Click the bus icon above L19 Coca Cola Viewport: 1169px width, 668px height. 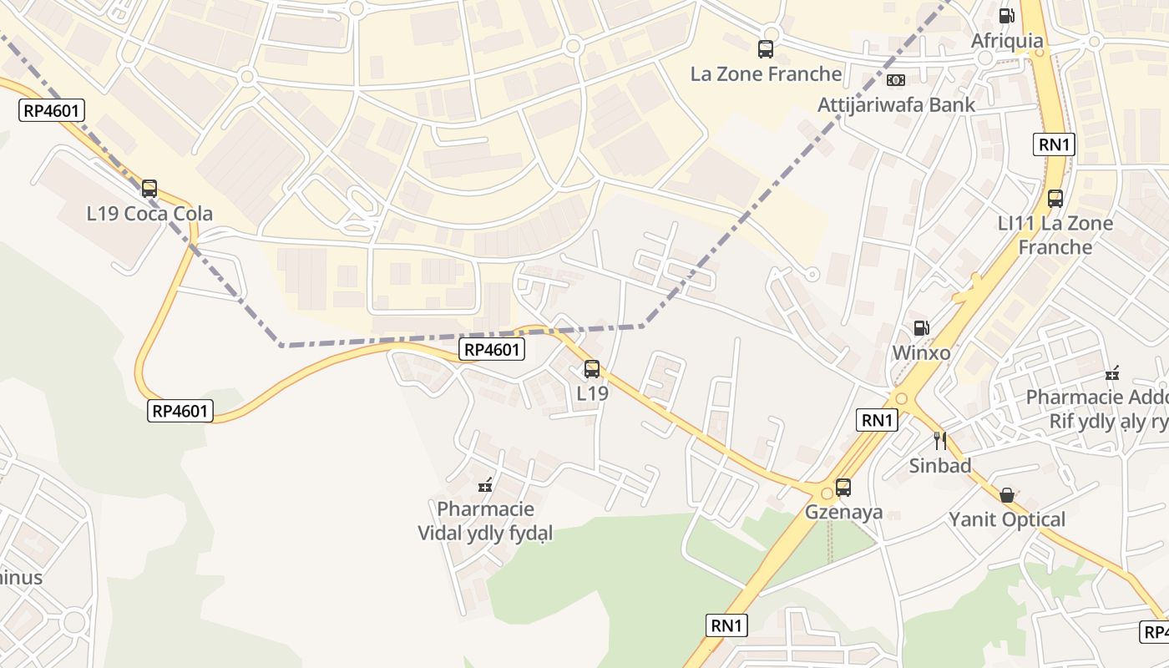click(149, 189)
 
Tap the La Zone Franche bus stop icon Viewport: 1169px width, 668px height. click(766, 49)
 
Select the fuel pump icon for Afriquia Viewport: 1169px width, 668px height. click(1007, 16)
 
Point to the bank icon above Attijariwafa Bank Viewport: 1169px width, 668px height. click(896, 80)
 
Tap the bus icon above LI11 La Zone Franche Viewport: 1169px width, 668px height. click(1055, 199)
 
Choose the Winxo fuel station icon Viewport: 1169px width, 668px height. click(921, 328)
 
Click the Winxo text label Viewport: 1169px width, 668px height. click(921, 353)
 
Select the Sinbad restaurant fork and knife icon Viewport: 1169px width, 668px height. click(940, 441)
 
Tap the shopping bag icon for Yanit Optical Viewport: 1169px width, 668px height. click(1007, 495)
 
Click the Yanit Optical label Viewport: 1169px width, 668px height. click(1007, 520)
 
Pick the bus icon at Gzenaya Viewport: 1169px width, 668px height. click(843, 488)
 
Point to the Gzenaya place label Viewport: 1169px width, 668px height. click(843, 513)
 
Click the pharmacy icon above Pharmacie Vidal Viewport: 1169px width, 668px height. click(485, 484)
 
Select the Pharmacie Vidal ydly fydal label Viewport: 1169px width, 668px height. click(485, 521)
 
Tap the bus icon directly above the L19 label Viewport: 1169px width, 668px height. click(592, 368)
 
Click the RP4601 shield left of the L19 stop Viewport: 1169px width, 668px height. click(492, 350)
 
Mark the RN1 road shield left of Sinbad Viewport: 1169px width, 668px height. click(877, 420)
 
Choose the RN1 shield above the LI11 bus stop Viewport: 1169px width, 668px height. click(1054, 144)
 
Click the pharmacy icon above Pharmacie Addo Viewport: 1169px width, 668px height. click(1112, 372)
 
